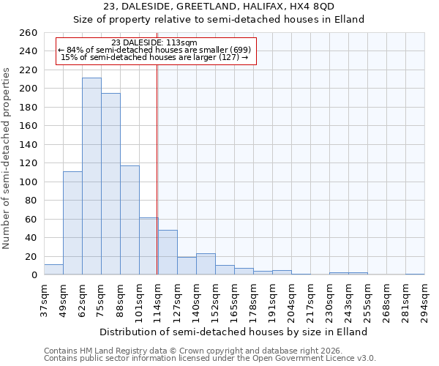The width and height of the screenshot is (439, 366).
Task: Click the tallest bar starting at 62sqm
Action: coord(91,176)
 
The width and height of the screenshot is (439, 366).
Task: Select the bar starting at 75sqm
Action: coord(110,184)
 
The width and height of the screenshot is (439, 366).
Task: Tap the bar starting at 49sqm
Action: coord(72,223)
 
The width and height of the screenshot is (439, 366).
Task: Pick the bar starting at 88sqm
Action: coord(130,220)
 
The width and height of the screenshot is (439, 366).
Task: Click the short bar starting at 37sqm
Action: coord(53,269)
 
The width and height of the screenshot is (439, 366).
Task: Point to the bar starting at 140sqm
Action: coord(206,264)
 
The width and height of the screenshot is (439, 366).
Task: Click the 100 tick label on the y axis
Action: coord(29,182)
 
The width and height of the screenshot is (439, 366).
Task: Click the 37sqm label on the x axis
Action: coord(45,300)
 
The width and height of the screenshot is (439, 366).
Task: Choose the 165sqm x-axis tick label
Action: coord(235,300)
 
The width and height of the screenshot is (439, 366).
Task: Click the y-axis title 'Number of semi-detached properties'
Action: coord(7,158)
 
